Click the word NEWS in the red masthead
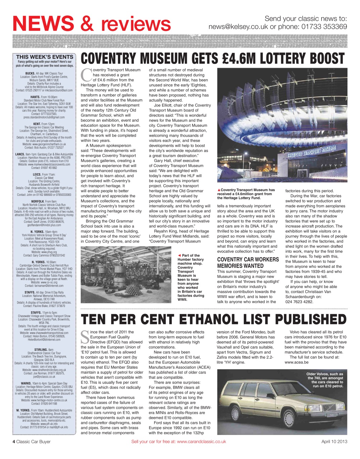(43, 24)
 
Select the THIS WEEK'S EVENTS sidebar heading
(44, 57)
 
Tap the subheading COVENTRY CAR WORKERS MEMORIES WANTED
(248, 262)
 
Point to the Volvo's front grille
(329, 408)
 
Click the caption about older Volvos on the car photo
(325, 380)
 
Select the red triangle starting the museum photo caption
(219, 190)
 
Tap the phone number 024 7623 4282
(299, 302)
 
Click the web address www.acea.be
(296, 362)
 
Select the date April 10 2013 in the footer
(334, 441)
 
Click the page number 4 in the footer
(14, 441)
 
